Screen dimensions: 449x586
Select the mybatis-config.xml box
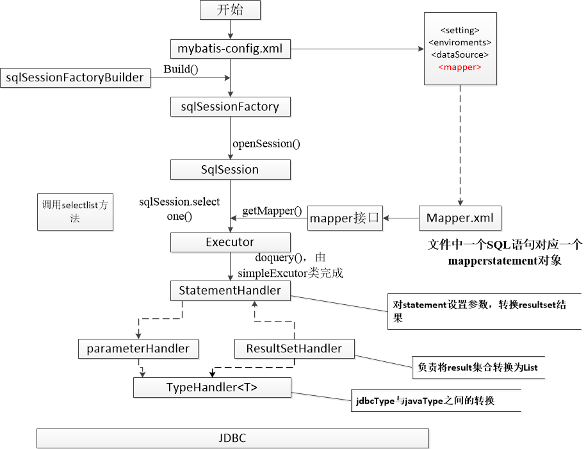[x=231, y=48]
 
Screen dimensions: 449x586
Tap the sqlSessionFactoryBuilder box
[x=76, y=78]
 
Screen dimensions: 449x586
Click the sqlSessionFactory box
[x=231, y=106]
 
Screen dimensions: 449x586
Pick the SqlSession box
[x=231, y=170]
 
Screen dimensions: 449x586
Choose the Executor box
[x=231, y=242]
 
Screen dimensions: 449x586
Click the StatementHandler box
[x=231, y=290]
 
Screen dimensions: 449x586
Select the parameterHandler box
[x=138, y=348]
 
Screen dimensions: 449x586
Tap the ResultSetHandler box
[x=295, y=348]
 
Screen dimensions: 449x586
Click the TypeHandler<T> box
[x=212, y=387]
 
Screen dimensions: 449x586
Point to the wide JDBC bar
[x=232, y=439]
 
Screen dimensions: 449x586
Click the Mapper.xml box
[x=460, y=218]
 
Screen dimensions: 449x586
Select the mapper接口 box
[x=345, y=218]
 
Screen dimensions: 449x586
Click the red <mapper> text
[x=460, y=67]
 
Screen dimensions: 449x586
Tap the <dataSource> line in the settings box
[x=460, y=54]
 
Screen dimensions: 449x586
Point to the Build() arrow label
[x=182, y=69]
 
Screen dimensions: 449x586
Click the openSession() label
[x=266, y=143]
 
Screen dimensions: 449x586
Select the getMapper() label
[x=272, y=211]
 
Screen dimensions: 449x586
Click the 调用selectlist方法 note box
[x=75, y=211]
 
